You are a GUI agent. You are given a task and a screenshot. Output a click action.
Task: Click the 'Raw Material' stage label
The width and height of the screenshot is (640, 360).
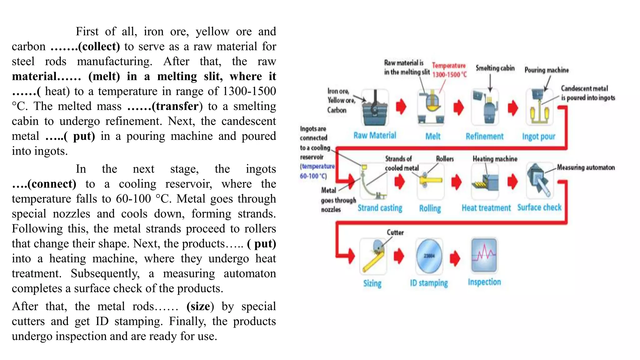[375, 135]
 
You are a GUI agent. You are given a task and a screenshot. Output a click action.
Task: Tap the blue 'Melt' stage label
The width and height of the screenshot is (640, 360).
[433, 136]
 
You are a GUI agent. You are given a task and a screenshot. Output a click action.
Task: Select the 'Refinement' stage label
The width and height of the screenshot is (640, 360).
[484, 136]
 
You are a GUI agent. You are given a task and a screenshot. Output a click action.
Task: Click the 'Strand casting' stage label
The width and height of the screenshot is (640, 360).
[380, 208]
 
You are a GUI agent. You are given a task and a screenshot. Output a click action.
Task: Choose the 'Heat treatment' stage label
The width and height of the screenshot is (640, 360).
[486, 208]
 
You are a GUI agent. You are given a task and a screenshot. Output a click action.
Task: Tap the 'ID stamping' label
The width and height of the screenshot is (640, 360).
[429, 283]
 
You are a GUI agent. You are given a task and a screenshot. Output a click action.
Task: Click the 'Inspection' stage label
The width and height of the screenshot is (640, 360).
[484, 282]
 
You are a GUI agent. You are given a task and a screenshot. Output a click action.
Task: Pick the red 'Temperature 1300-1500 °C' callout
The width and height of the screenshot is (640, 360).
[449, 70]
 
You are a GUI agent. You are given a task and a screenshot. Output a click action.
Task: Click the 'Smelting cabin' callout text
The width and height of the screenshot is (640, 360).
[495, 68]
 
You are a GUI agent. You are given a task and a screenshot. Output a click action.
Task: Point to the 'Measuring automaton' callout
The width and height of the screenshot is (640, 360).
[586, 167]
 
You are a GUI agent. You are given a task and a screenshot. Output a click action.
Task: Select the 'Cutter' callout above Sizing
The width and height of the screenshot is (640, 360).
[395, 232]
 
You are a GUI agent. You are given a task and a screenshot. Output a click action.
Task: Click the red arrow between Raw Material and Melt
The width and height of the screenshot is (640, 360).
[401, 107]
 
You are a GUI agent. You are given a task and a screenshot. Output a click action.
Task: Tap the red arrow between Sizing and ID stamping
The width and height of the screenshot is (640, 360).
[399, 256]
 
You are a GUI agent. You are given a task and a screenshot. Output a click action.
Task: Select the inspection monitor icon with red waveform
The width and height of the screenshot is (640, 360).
[484, 255]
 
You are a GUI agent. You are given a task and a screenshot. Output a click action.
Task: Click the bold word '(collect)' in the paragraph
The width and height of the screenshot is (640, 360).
[99, 47]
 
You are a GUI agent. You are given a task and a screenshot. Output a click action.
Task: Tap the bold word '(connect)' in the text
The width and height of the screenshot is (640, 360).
[52, 184]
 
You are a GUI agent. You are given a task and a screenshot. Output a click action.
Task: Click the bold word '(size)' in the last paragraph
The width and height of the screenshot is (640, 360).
[200, 306]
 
